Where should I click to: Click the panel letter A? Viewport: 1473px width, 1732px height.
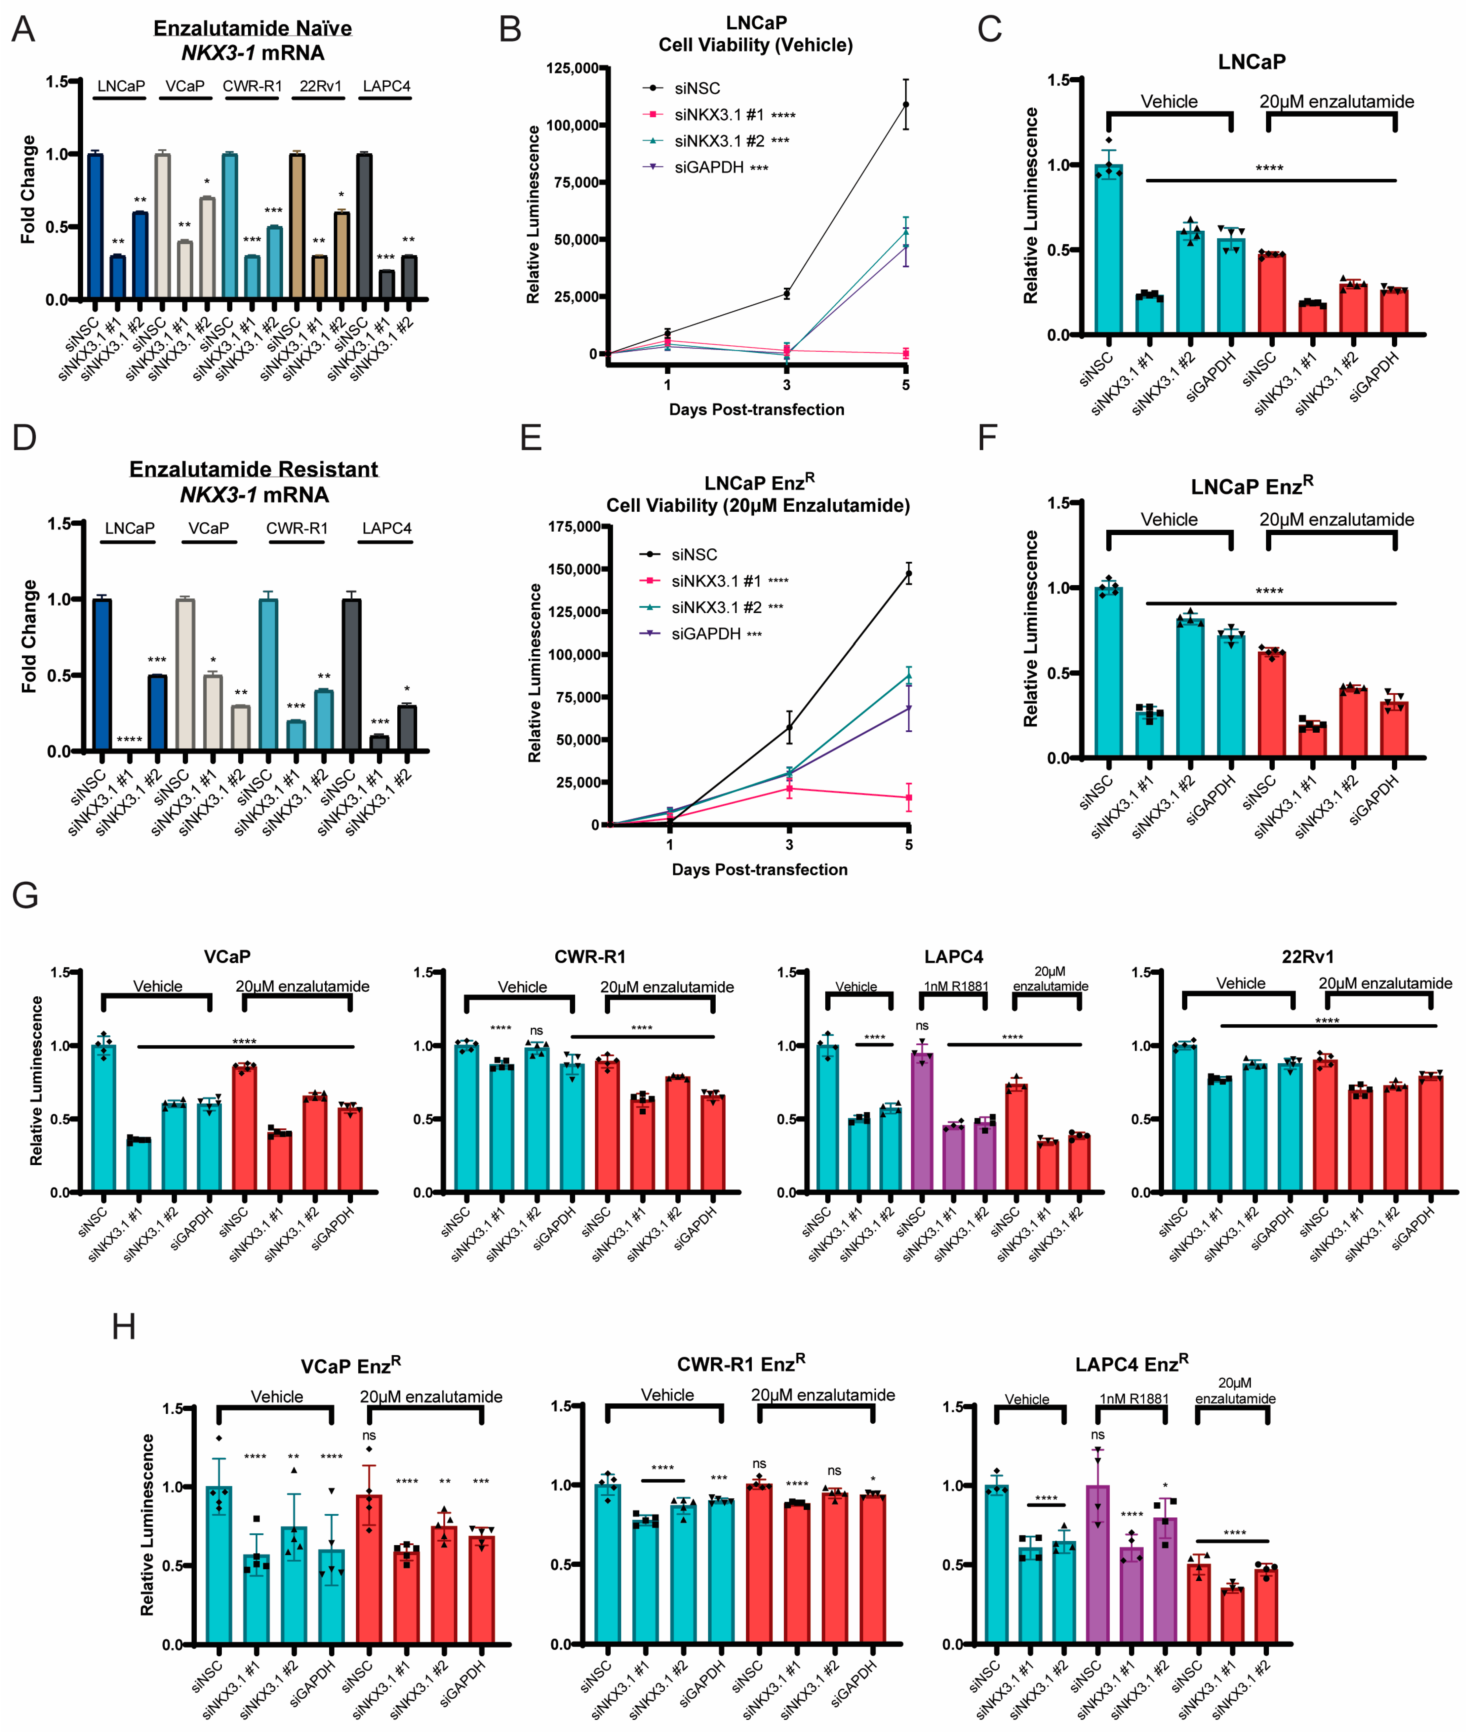click(24, 30)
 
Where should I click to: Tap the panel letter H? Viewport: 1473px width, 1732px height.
click(124, 1326)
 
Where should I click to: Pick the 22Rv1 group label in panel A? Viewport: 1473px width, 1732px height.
click(320, 86)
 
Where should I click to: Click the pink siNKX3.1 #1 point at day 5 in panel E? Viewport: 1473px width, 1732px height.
click(909, 798)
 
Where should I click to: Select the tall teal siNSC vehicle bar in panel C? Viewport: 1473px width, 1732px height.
click(1109, 251)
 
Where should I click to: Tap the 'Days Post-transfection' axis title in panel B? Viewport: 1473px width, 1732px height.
click(757, 409)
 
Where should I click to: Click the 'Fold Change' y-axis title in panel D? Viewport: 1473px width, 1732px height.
click(29, 637)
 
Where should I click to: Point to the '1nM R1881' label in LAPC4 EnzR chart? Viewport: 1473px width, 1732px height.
click(1133, 1399)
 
